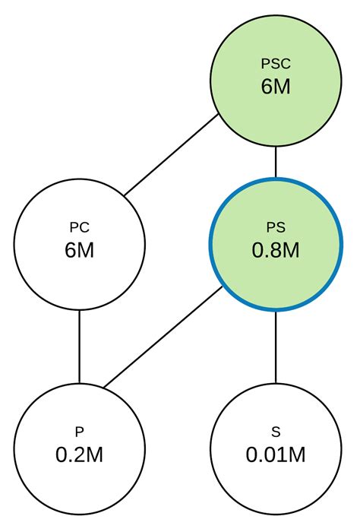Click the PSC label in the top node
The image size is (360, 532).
(x=275, y=65)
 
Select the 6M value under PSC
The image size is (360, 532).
(x=275, y=87)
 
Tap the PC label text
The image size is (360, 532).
(x=79, y=227)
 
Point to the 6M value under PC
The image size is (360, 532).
(x=79, y=250)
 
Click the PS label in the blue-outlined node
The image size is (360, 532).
(x=275, y=227)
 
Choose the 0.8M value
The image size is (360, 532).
(x=275, y=250)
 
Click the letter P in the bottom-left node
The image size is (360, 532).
(x=79, y=432)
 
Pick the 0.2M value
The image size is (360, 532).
(x=79, y=454)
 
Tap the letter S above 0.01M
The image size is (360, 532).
(x=275, y=432)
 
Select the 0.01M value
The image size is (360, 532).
(x=275, y=454)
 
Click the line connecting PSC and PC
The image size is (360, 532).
(x=172, y=156)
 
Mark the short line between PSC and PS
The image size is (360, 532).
(x=275, y=163)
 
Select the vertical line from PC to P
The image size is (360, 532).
(x=79, y=346)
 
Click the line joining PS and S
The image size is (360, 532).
(x=275, y=346)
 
